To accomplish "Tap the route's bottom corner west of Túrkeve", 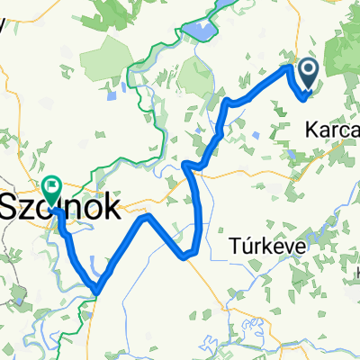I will point(188,255).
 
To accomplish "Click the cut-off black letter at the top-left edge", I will point(4,23).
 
